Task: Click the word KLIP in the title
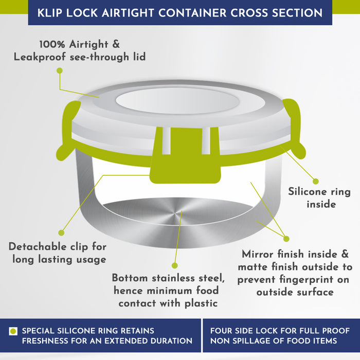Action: [x=49, y=13]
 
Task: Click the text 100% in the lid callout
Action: [x=52, y=44]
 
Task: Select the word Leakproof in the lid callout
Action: [x=40, y=57]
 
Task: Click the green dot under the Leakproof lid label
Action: [x=60, y=71]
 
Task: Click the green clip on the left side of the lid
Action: [x=68, y=130]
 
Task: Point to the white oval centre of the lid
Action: [x=177, y=101]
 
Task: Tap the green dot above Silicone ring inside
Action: [x=316, y=182]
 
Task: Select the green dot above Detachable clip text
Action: [x=61, y=233]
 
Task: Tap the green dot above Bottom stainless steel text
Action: [x=175, y=266]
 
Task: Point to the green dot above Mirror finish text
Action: [x=286, y=239]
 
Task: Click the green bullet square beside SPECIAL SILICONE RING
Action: [x=13, y=331]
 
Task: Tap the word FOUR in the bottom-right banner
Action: [x=220, y=331]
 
